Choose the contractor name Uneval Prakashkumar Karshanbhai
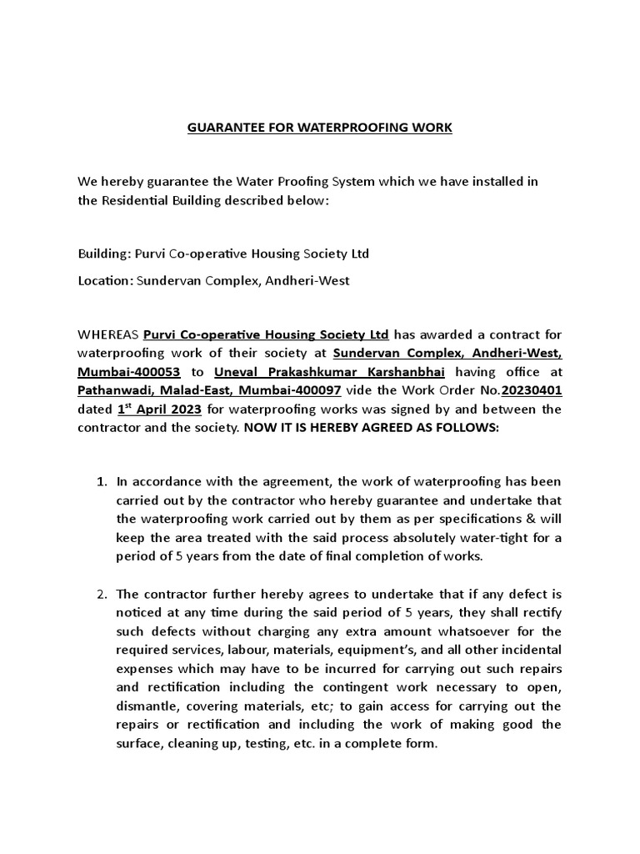pyautogui.click(x=316, y=372)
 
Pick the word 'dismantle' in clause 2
pyautogui.click(x=145, y=706)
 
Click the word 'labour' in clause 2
pyautogui.click(x=247, y=650)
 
